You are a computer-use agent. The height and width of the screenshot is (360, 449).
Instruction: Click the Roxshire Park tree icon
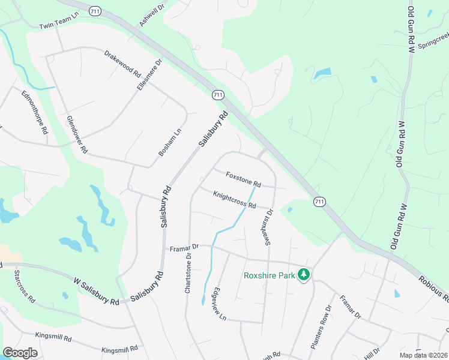304,275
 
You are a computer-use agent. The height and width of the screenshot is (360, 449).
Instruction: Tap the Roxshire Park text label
269,275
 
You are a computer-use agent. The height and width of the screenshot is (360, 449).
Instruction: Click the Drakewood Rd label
122,63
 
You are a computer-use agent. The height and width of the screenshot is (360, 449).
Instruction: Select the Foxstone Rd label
243,179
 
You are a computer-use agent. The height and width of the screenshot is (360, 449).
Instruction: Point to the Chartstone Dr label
188,272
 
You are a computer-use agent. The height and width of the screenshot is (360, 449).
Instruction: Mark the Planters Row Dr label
321,327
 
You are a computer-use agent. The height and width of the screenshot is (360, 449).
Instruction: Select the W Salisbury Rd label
96,291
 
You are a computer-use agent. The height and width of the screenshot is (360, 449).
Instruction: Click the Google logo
20,352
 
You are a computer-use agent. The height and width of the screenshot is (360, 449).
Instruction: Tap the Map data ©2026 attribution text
424,355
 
